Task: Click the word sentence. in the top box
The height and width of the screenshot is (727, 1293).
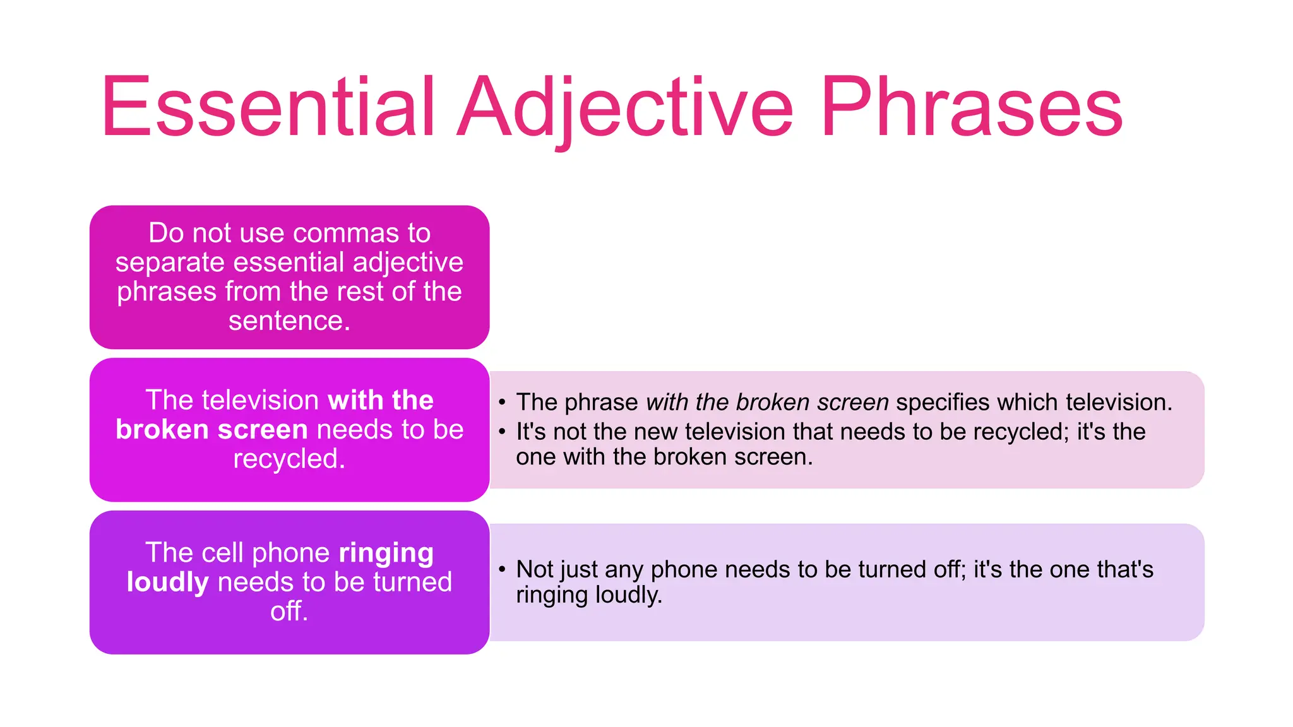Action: (289, 321)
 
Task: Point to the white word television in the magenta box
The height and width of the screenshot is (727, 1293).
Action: (260, 400)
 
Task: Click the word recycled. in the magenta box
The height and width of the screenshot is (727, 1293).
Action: (289, 459)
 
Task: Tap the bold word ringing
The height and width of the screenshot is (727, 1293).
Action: (386, 553)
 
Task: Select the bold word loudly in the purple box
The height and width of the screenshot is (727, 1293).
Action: (167, 582)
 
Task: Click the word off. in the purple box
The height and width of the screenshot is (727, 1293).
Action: (289, 611)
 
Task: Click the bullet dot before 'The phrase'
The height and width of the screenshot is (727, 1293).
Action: (502, 403)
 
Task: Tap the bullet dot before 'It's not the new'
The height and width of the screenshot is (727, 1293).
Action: (502, 432)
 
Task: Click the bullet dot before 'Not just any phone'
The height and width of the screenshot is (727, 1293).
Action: (502, 569)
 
